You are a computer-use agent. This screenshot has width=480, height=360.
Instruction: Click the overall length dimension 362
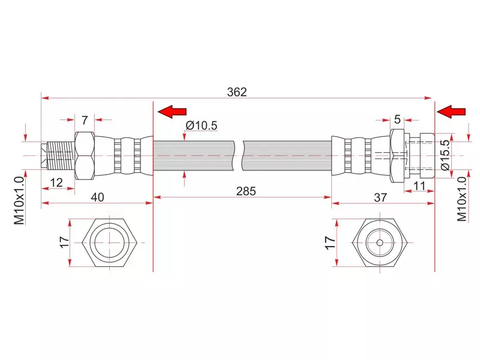pos(237,92)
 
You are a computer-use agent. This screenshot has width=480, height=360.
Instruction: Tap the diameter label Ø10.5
pos(201,125)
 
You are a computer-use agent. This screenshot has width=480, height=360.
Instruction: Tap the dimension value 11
pos(419,186)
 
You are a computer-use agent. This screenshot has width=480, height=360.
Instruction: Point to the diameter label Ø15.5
pos(445,155)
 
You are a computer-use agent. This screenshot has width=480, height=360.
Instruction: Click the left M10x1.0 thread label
pos(20,200)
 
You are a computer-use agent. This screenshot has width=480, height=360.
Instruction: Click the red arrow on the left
pos(173,111)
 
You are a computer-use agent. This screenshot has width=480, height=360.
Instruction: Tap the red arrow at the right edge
pos(452,111)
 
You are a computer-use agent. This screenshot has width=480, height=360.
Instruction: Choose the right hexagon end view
pos(380,243)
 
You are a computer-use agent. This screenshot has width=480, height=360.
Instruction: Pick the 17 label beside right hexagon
pos(329,242)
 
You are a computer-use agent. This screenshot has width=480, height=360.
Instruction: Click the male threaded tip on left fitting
pos(59,155)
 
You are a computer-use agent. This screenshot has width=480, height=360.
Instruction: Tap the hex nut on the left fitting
pos(85,155)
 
